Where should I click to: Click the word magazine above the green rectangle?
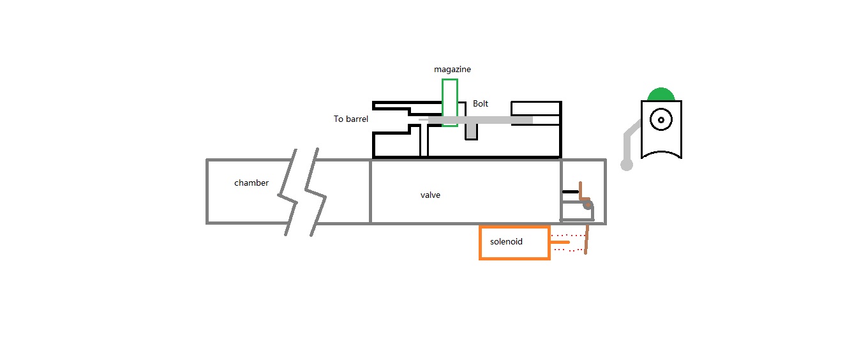tap(452, 69)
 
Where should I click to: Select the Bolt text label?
tap(481, 103)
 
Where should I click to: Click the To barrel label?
tap(350, 119)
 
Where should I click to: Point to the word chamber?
tap(251, 183)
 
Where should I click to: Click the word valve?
tap(430, 195)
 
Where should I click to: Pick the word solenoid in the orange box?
tap(507, 242)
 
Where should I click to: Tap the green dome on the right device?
tap(661, 95)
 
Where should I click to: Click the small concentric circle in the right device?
tap(661, 119)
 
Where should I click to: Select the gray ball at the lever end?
tap(627, 165)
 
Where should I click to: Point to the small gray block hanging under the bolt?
tap(471, 131)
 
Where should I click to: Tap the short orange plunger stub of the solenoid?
tap(560, 243)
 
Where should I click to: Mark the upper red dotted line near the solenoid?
tap(568, 236)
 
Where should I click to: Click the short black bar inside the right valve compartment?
tap(570, 191)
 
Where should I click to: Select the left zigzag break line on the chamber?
tap(291, 191)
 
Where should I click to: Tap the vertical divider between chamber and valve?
tap(370, 191)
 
